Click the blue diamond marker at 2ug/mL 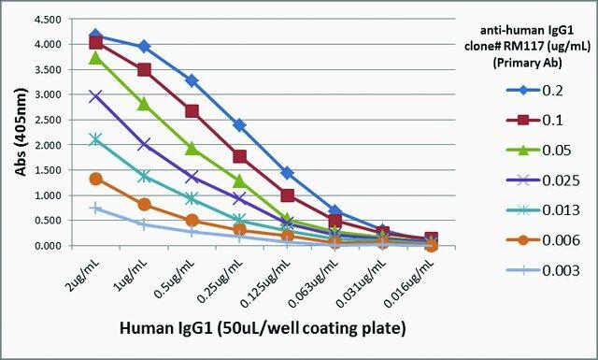[x=95, y=36]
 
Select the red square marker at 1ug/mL [x=144, y=70]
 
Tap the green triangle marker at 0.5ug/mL [x=192, y=149]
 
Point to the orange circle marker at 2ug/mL [x=96, y=179]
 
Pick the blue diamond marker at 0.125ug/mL [x=288, y=173]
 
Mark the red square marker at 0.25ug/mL [x=239, y=156]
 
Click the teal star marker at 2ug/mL [x=96, y=139]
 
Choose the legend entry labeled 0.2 [x=534, y=91]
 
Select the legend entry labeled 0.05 [x=538, y=151]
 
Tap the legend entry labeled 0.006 [x=543, y=240]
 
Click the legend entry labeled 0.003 [x=543, y=270]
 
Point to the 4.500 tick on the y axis [x=48, y=20]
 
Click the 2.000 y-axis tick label [x=48, y=145]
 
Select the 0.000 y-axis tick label [x=48, y=246]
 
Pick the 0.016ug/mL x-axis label [x=409, y=283]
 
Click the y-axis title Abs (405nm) [x=21, y=132]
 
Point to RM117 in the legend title [x=529, y=46]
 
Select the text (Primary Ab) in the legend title [x=527, y=63]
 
